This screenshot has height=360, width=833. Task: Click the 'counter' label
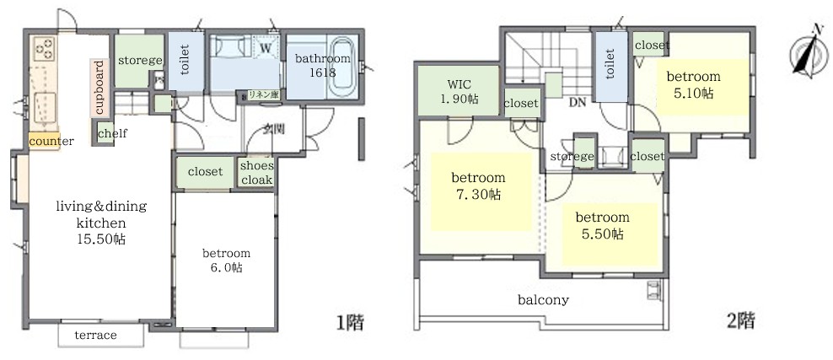click(x=51, y=141)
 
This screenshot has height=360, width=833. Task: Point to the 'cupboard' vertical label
click(x=99, y=88)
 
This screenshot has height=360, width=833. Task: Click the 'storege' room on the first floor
click(x=139, y=61)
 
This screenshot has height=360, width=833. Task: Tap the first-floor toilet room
click(x=185, y=64)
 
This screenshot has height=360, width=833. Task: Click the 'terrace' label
click(x=95, y=336)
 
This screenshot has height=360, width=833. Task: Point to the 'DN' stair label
click(x=578, y=104)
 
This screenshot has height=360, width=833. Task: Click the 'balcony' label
click(x=543, y=299)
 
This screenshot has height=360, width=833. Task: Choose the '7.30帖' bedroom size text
click(x=478, y=194)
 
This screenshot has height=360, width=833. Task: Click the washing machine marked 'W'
click(x=266, y=48)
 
